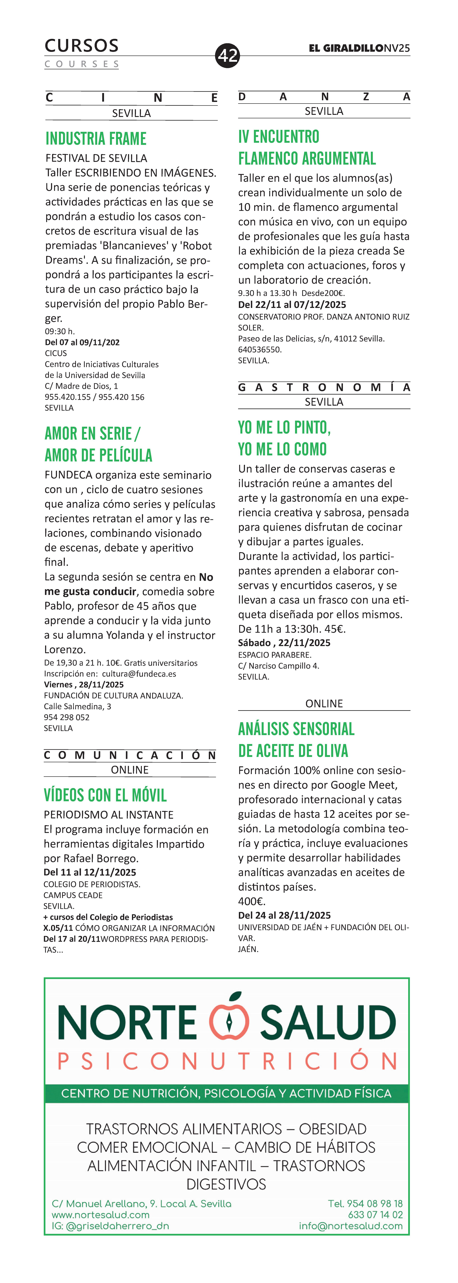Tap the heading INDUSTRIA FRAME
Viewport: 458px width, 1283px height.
click(96, 138)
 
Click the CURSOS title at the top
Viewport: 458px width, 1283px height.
click(82, 46)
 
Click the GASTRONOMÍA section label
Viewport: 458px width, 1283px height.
click(324, 387)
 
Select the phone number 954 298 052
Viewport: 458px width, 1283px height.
click(67, 717)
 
